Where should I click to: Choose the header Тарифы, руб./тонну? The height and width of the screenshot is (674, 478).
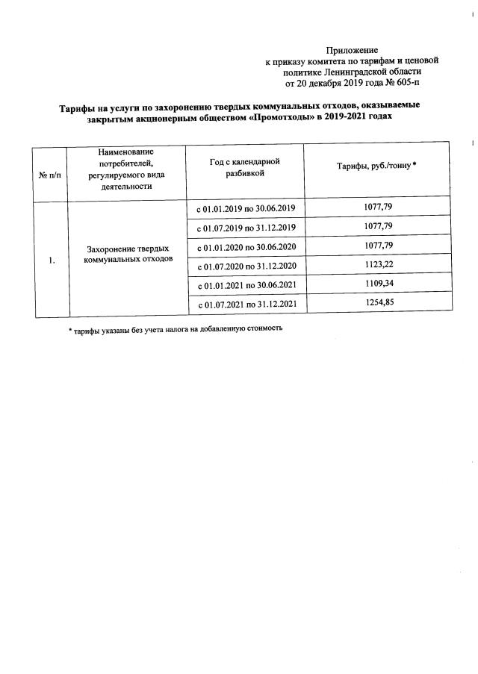tap(376, 166)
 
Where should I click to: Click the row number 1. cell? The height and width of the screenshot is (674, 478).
tap(51, 260)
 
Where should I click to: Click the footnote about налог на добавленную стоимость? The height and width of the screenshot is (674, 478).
tap(176, 328)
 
